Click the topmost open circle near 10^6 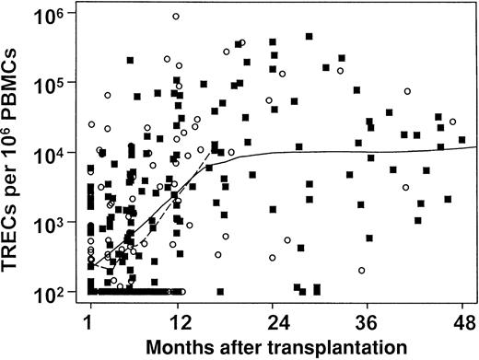pos(175,17)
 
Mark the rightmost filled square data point pos(462,140)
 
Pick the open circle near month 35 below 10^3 pos(362,271)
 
